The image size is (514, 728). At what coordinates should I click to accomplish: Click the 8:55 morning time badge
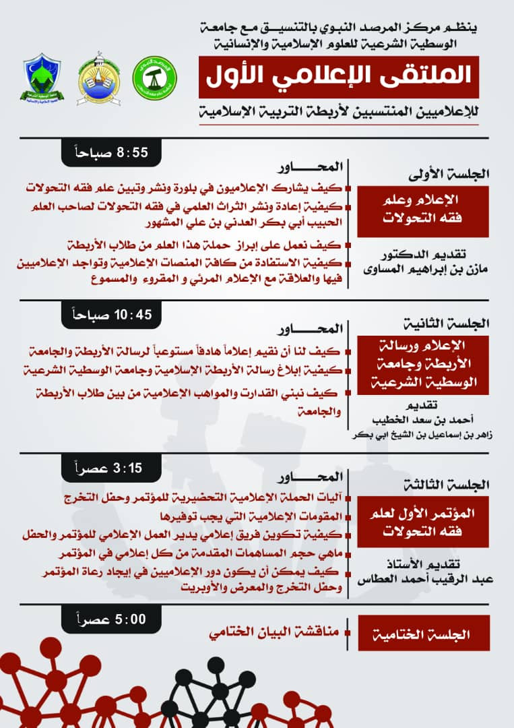click(x=113, y=153)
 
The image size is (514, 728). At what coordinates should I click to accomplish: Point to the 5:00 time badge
click(x=113, y=619)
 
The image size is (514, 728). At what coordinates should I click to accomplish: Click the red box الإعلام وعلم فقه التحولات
click(x=423, y=210)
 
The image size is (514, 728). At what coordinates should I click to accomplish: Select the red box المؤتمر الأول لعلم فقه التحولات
click(x=423, y=522)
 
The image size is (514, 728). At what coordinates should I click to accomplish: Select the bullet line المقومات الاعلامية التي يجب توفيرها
click(x=264, y=516)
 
